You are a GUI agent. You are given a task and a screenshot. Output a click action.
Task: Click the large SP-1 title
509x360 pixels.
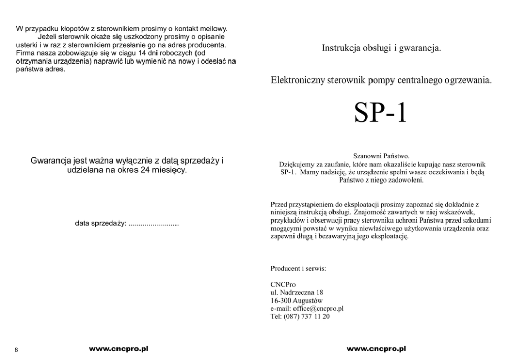click(380, 113)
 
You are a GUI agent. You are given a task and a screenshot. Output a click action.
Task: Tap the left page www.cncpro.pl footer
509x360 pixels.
click(119, 349)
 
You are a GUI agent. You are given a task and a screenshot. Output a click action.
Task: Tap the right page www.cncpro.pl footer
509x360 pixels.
click(376, 349)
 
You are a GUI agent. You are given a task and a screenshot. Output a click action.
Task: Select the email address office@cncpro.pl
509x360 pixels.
click(317, 309)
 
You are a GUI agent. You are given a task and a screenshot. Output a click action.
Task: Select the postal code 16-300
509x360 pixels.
click(280, 301)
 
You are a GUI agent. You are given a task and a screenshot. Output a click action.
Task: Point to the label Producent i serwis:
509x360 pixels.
click(298, 268)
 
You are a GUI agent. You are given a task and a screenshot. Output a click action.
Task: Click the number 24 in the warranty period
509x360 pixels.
click(145, 170)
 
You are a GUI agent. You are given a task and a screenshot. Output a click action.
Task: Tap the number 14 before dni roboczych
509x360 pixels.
click(136, 53)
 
